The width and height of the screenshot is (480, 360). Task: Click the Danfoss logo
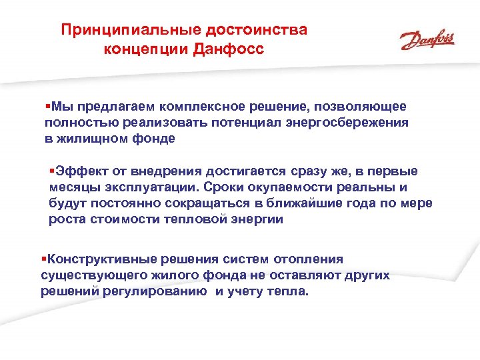pos(427,41)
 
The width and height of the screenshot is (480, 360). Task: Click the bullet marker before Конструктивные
pos(43,259)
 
